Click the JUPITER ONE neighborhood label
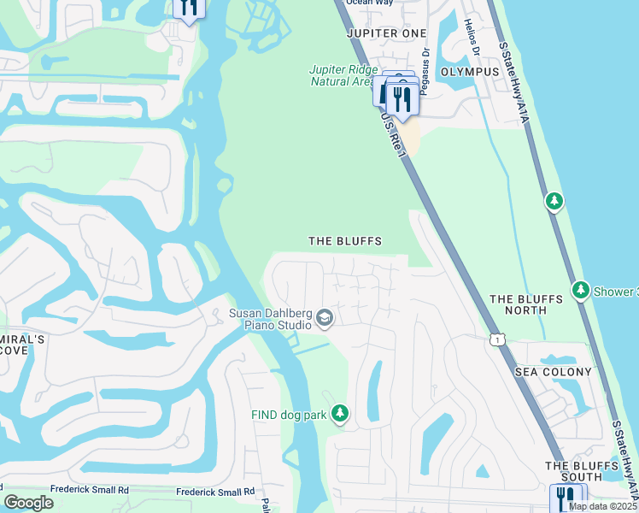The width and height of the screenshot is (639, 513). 385,32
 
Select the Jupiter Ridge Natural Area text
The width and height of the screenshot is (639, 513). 341,76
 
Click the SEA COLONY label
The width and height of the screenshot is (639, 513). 553,372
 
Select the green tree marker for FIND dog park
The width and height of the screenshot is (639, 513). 340,415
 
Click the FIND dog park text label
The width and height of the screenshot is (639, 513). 289,416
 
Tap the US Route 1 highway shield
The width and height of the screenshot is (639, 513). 496,339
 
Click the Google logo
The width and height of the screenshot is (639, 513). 28,503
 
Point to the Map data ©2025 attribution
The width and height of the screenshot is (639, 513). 602,506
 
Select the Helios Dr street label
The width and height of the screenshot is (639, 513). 468,34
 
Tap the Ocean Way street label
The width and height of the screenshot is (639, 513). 368,3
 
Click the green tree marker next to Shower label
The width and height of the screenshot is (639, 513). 581,291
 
